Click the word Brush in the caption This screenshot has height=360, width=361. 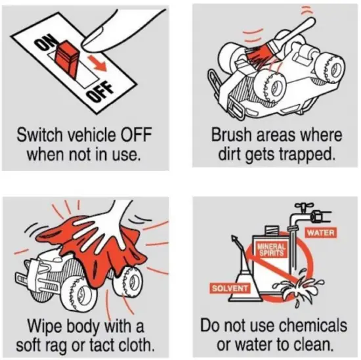(x=232, y=135)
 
